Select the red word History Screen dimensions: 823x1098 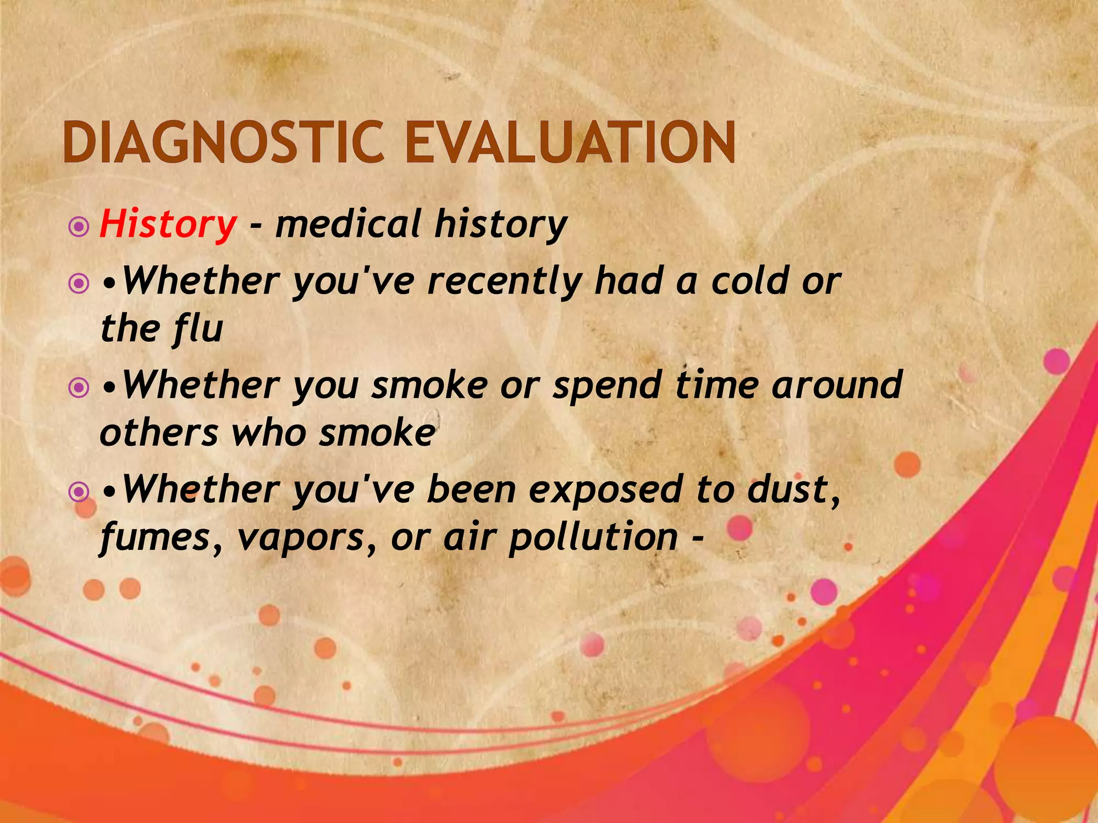pyautogui.click(x=167, y=225)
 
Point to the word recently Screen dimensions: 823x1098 pyautogui.click(x=505, y=282)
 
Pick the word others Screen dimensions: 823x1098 pyautogui.click(x=159, y=433)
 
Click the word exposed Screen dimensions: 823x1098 pyautogui.click(x=605, y=491)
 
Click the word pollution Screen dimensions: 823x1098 pyautogui.click(x=593, y=537)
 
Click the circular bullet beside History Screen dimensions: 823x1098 pyautogui.click(x=79, y=227)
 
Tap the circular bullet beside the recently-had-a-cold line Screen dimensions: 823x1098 pyautogui.click(x=79, y=283)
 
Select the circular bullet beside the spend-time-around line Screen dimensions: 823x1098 pyautogui.click(x=79, y=387)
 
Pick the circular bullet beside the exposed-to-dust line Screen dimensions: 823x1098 pyautogui.click(x=79, y=491)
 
